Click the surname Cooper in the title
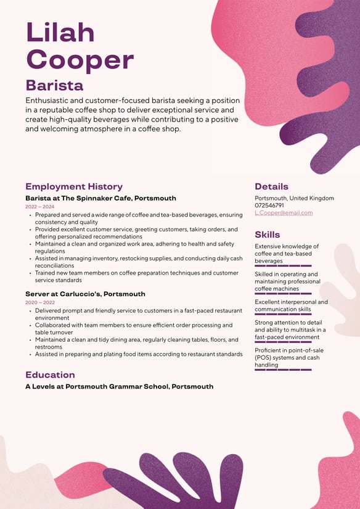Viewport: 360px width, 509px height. click(80, 59)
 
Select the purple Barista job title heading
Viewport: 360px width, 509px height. click(54, 85)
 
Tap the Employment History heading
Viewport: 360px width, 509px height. click(74, 186)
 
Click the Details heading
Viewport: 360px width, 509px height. click(271, 186)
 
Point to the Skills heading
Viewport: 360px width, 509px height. click(268, 234)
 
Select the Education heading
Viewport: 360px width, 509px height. click(50, 375)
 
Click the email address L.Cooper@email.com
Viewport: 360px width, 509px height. click(284, 213)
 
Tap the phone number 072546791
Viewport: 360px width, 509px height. click(269, 205)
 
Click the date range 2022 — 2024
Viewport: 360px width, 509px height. click(39, 207)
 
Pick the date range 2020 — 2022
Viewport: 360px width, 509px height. click(39, 302)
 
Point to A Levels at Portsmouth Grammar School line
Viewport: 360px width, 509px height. click(119, 387)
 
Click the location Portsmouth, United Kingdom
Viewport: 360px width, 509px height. click(294, 198)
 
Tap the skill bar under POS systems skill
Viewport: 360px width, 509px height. click(283, 370)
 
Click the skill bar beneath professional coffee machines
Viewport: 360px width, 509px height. click(283, 294)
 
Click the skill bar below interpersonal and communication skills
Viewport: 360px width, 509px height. click(283, 315)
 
